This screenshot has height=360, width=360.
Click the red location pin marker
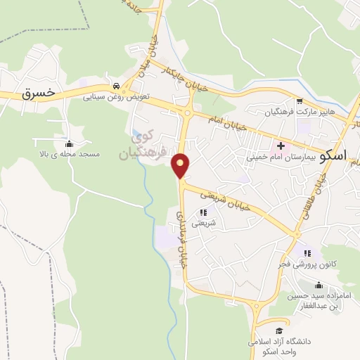pos(181,165)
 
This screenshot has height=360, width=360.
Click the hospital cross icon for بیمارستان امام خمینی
pos(281,145)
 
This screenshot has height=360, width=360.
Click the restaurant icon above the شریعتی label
pos(204,212)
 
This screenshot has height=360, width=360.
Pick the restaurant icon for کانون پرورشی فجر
pos(307,253)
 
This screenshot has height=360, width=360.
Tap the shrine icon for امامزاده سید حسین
pos(319,285)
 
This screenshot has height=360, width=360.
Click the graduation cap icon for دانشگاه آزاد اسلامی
pos(279,330)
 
